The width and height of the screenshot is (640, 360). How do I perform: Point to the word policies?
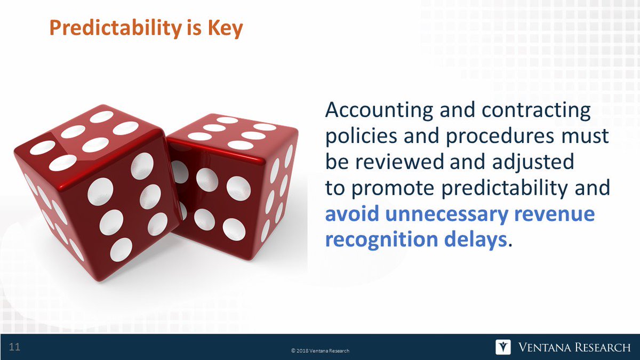[361, 136]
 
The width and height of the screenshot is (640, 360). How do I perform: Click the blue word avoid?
[351, 214]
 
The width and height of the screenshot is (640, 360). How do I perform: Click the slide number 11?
[14, 348]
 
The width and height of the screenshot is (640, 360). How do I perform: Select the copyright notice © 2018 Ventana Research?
[320, 350]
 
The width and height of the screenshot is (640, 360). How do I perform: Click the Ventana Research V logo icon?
[503, 347]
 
